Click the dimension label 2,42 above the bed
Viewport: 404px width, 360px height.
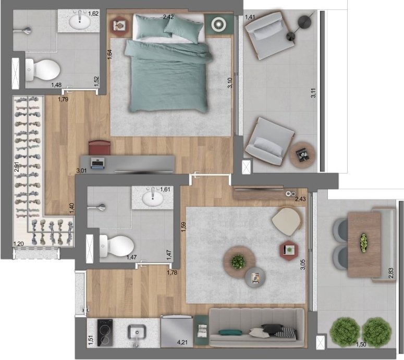click(168, 17)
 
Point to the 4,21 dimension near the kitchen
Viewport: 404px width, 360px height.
click(182, 343)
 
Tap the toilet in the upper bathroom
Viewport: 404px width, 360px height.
click(44, 68)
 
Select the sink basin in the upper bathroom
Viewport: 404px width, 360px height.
click(82, 21)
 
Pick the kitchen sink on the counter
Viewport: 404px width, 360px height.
click(137, 331)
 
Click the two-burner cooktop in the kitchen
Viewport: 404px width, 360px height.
click(104, 331)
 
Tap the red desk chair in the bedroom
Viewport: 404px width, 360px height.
click(99, 147)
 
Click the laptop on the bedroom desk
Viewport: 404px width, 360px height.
click(97, 163)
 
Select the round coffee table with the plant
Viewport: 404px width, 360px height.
click(238, 262)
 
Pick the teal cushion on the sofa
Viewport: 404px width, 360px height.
click(230, 332)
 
